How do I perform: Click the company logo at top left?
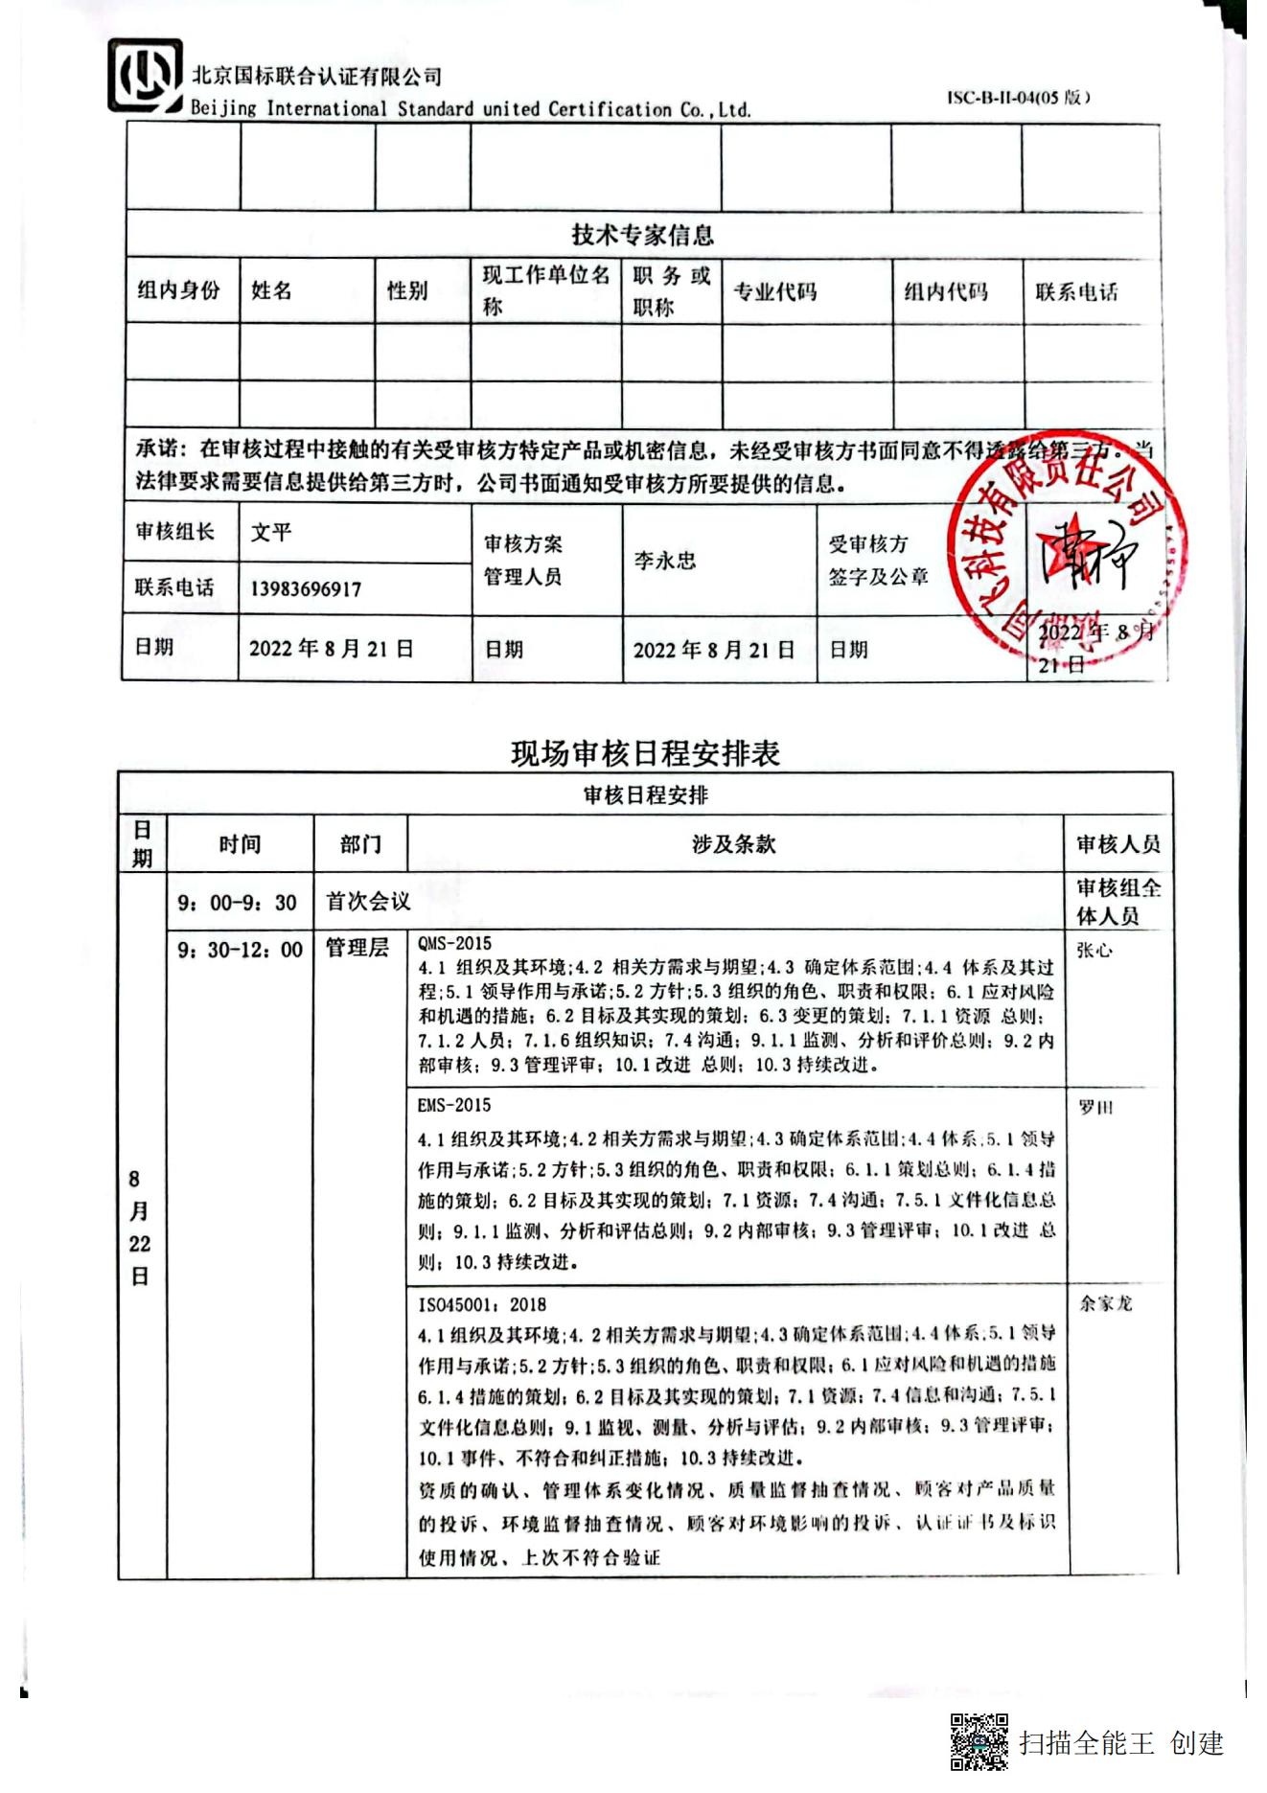click(145, 76)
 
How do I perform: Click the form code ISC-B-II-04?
click(1018, 97)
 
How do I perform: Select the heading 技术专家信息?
click(642, 234)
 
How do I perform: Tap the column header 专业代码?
click(774, 291)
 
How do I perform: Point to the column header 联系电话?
click(1076, 291)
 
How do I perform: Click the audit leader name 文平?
click(271, 532)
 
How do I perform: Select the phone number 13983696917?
click(306, 588)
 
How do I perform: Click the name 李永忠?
click(664, 561)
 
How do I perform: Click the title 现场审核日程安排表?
click(645, 753)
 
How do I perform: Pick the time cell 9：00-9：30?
click(238, 902)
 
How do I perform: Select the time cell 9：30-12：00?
click(240, 950)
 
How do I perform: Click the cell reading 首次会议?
click(368, 901)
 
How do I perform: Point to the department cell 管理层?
click(357, 948)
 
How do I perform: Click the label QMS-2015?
click(454, 943)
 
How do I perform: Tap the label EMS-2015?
click(453, 1105)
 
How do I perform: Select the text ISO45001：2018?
click(482, 1304)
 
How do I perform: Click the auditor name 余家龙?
click(1106, 1303)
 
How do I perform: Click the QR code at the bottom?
click(979, 1741)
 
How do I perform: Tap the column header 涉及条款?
click(733, 844)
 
